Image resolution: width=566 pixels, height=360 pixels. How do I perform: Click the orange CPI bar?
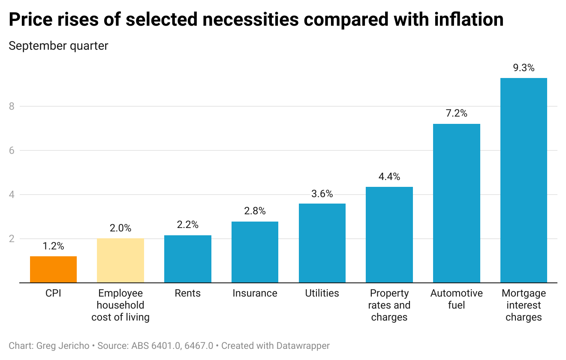[x=53, y=270]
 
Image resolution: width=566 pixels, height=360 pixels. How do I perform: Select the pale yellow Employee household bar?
[x=120, y=261]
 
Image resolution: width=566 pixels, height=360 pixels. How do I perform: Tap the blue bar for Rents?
[x=188, y=259]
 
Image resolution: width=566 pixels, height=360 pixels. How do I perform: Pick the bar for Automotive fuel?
[x=456, y=204]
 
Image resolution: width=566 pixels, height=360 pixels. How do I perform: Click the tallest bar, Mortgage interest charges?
[x=524, y=180]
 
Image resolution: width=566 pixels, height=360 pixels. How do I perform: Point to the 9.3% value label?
[x=524, y=68]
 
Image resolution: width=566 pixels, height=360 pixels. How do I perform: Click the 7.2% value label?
[x=456, y=114]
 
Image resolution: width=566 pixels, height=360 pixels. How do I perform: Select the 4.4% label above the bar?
[x=389, y=177]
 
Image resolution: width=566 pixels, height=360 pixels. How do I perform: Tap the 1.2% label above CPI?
[x=53, y=246]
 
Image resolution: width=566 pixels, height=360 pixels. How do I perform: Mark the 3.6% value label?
[x=322, y=194]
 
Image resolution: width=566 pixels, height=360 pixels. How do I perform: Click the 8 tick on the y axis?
[x=12, y=106]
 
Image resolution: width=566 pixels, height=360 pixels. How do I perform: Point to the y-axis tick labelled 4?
[x=12, y=195]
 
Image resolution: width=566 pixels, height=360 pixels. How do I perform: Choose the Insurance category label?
[x=255, y=294]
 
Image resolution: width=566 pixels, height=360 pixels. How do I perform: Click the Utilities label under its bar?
[x=322, y=294]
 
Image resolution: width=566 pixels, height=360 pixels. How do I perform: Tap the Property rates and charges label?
[x=389, y=305]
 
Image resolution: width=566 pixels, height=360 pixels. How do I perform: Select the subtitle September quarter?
[x=58, y=46]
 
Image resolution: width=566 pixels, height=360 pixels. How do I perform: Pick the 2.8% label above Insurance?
[x=255, y=211]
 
